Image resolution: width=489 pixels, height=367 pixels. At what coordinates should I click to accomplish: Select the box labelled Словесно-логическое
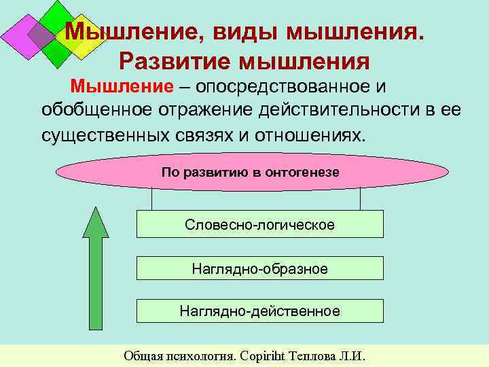click(x=260, y=224)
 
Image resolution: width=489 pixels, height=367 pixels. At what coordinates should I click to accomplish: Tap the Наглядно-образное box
click(x=260, y=268)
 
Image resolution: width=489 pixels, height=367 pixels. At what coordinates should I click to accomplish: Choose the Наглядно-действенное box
click(x=260, y=311)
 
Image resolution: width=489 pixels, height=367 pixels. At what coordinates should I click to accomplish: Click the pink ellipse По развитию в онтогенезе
click(x=251, y=173)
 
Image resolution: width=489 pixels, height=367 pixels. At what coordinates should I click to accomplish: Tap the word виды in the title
click(x=247, y=31)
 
